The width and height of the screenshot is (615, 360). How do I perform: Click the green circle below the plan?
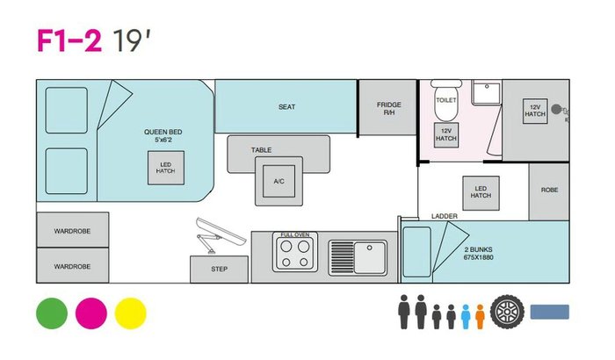[x=51, y=313]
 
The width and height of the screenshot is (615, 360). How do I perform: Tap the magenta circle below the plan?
[x=91, y=313]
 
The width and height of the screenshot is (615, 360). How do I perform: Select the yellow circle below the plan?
[x=131, y=313]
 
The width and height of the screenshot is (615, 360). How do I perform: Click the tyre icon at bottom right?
[x=507, y=312]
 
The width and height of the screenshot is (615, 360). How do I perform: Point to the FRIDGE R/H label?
[x=388, y=109]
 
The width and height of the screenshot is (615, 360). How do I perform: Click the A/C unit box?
[x=279, y=181]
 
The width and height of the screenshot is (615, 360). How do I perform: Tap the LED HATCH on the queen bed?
[x=165, y=167]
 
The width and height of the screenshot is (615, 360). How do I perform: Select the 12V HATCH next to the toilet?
[x=446, y=135]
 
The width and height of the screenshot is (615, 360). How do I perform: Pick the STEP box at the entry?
[x=219, y=270]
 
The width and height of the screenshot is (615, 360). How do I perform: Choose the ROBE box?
[x=550, y=191]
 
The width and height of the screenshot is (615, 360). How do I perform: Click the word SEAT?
[x=286, y=107]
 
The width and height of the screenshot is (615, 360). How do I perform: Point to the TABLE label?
[x=261, y=150]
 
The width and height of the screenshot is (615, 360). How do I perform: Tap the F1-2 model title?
[x=69, y=41]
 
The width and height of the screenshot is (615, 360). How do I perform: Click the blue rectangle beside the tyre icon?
[x=549, y=312]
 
